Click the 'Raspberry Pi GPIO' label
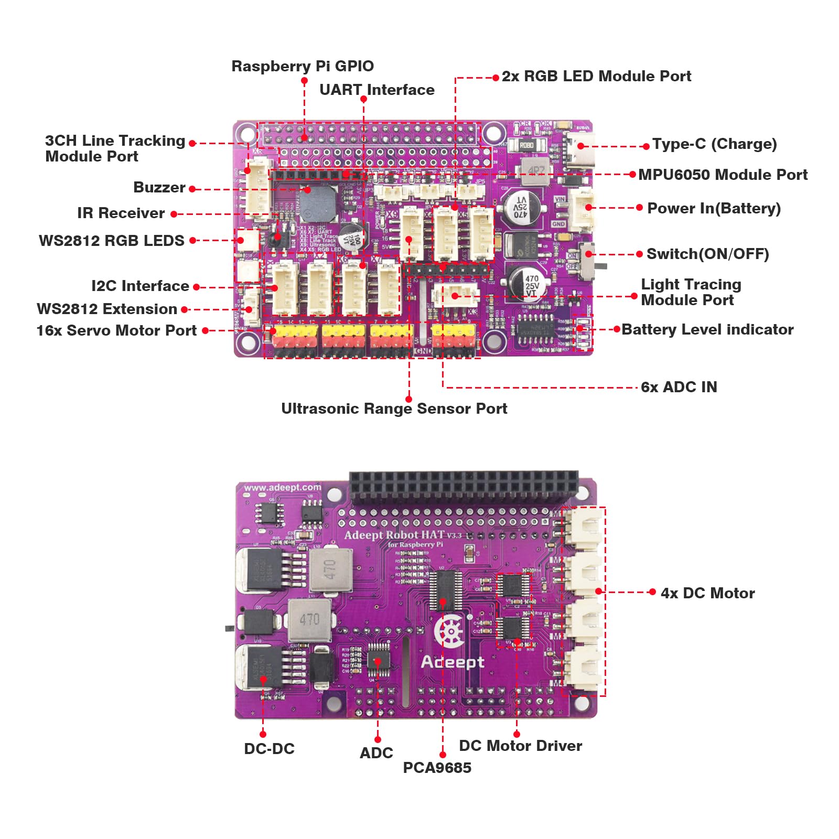pyautogui.click(x=303, y=66)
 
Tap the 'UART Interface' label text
pyautogui.click(x=377, y=90)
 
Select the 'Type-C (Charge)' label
pyautogui.click(x=714, y=144)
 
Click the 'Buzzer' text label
pyautogui.click(x=159, y=187)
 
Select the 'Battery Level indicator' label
pyautogui.click(x=707, y=329)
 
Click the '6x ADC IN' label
pyautogui.click(x=679, y=387)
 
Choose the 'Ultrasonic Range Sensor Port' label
pyautogui.click(x=394, y=408)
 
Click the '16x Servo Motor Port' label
pyautogui.click(x=116, y=330)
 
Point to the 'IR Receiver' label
pyautogui.click(x=121, y=213)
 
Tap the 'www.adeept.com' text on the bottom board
pyautogui.click(x=282, y=487)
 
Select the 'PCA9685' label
pyautogui.click(x=437, y=768)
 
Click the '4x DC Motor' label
pyautogui.click(x=707, y=593)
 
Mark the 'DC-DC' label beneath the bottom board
pyautogui.click(x=269, y=749)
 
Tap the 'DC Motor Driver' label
pyautogui.click(x=520, y=746)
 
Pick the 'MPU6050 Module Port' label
pyautogui.click(x=723, y=175)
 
